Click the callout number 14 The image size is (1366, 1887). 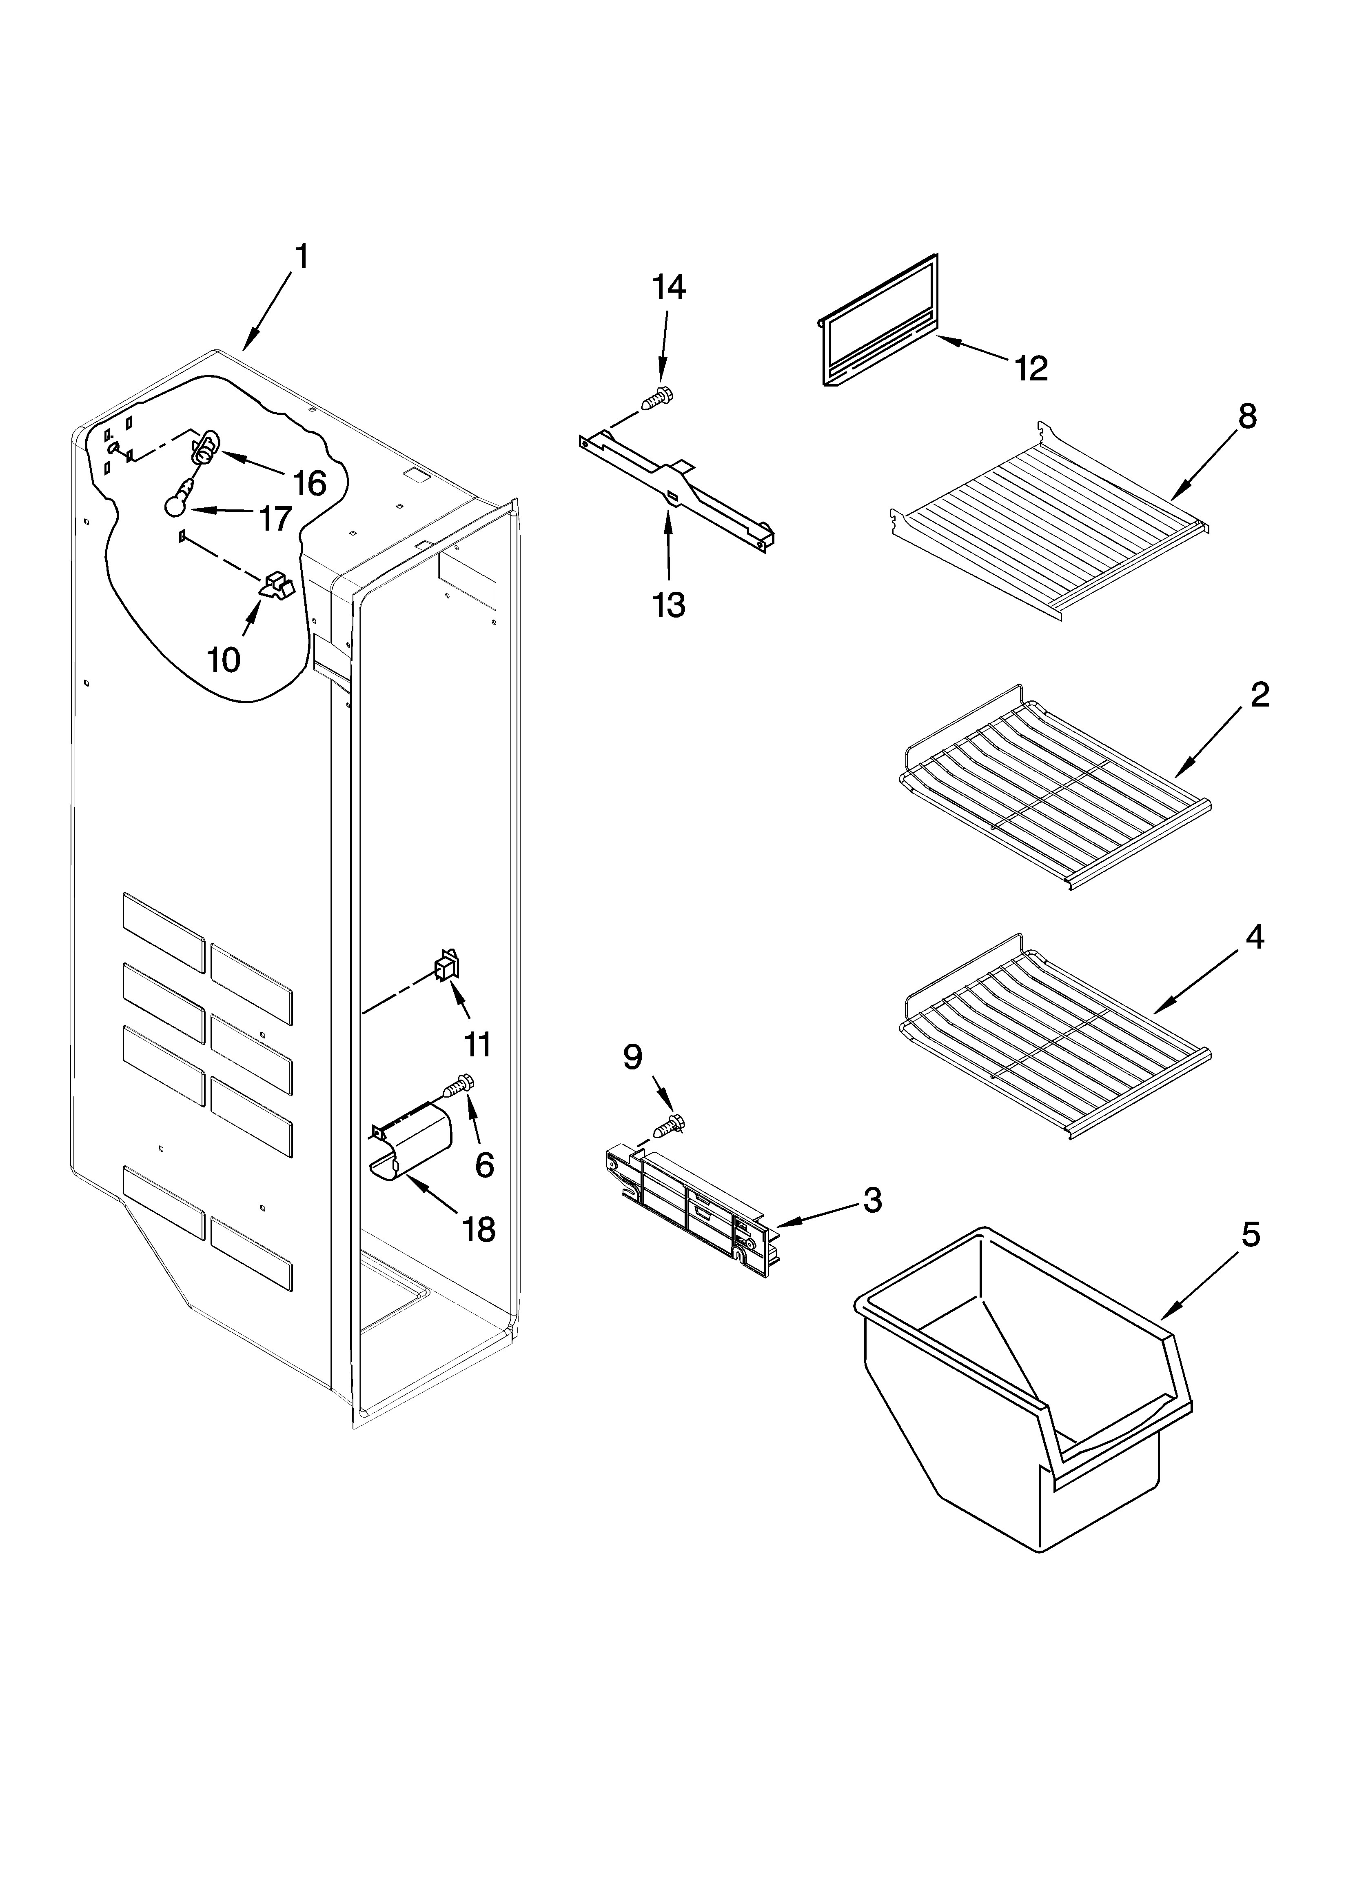[669, 288]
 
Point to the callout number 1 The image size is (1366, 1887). [302, 256]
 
